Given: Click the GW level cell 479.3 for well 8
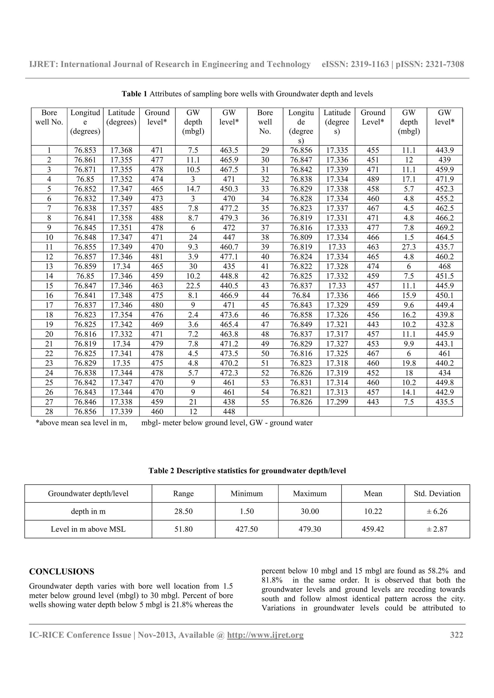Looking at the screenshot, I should point(229,218).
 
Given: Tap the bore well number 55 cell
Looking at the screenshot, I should point(265,402).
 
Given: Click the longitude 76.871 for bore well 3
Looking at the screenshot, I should point(85,170).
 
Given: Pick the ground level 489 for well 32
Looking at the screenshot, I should point(373,179).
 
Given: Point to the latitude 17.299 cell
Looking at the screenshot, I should point(337,402).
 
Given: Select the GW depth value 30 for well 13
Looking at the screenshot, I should point(193,266).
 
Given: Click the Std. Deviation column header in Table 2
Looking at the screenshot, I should point(437,494).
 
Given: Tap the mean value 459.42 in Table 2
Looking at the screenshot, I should point(373,529).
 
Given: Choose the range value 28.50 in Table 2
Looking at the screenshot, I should point(183,511).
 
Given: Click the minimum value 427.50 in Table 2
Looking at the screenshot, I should point(247,529).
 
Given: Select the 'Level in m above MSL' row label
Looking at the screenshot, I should point(88,529).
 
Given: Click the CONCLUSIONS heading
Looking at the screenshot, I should point(62,572).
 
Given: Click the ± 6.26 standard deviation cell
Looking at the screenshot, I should point(437,511).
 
